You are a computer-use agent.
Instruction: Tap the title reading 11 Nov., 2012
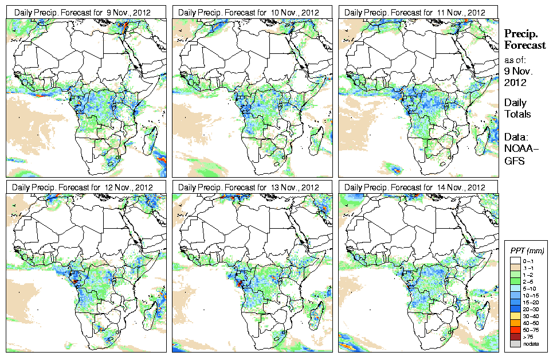tap(417, 12)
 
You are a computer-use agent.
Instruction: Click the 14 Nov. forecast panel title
tap(417, 187)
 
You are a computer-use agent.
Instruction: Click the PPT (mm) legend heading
tap(527, 251)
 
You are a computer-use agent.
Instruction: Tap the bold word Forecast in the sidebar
tap(525, 46)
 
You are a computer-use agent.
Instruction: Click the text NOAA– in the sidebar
tap(519, 150)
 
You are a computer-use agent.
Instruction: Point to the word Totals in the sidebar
tap(517, 114)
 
